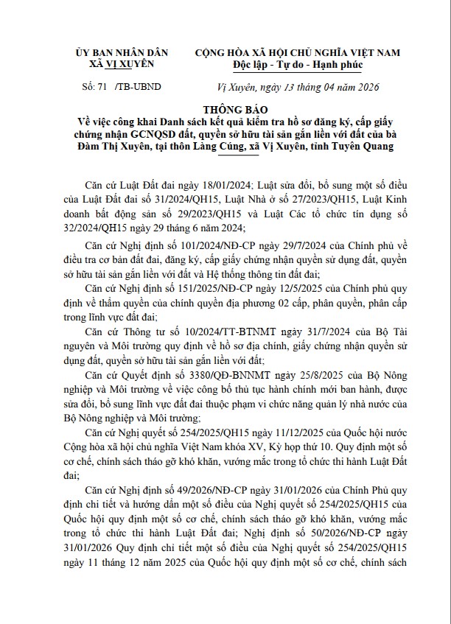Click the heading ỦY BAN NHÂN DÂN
click(122, 52)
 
